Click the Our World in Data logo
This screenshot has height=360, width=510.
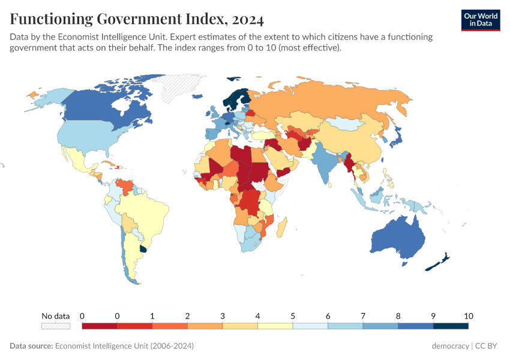coord(480,20)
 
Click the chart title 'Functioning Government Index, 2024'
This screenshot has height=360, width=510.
coord(137,20)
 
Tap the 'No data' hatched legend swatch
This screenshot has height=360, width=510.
coord(55,326)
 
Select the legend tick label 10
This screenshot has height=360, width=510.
coord(469,316)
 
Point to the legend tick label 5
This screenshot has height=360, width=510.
coord(293,316)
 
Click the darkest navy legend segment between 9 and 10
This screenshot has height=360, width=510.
coord(451,326)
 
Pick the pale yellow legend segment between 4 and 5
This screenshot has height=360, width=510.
coord(275,326)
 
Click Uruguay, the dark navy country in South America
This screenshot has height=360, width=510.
coord(143,248)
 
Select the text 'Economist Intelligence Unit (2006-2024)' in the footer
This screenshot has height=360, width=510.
coord(124,346)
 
